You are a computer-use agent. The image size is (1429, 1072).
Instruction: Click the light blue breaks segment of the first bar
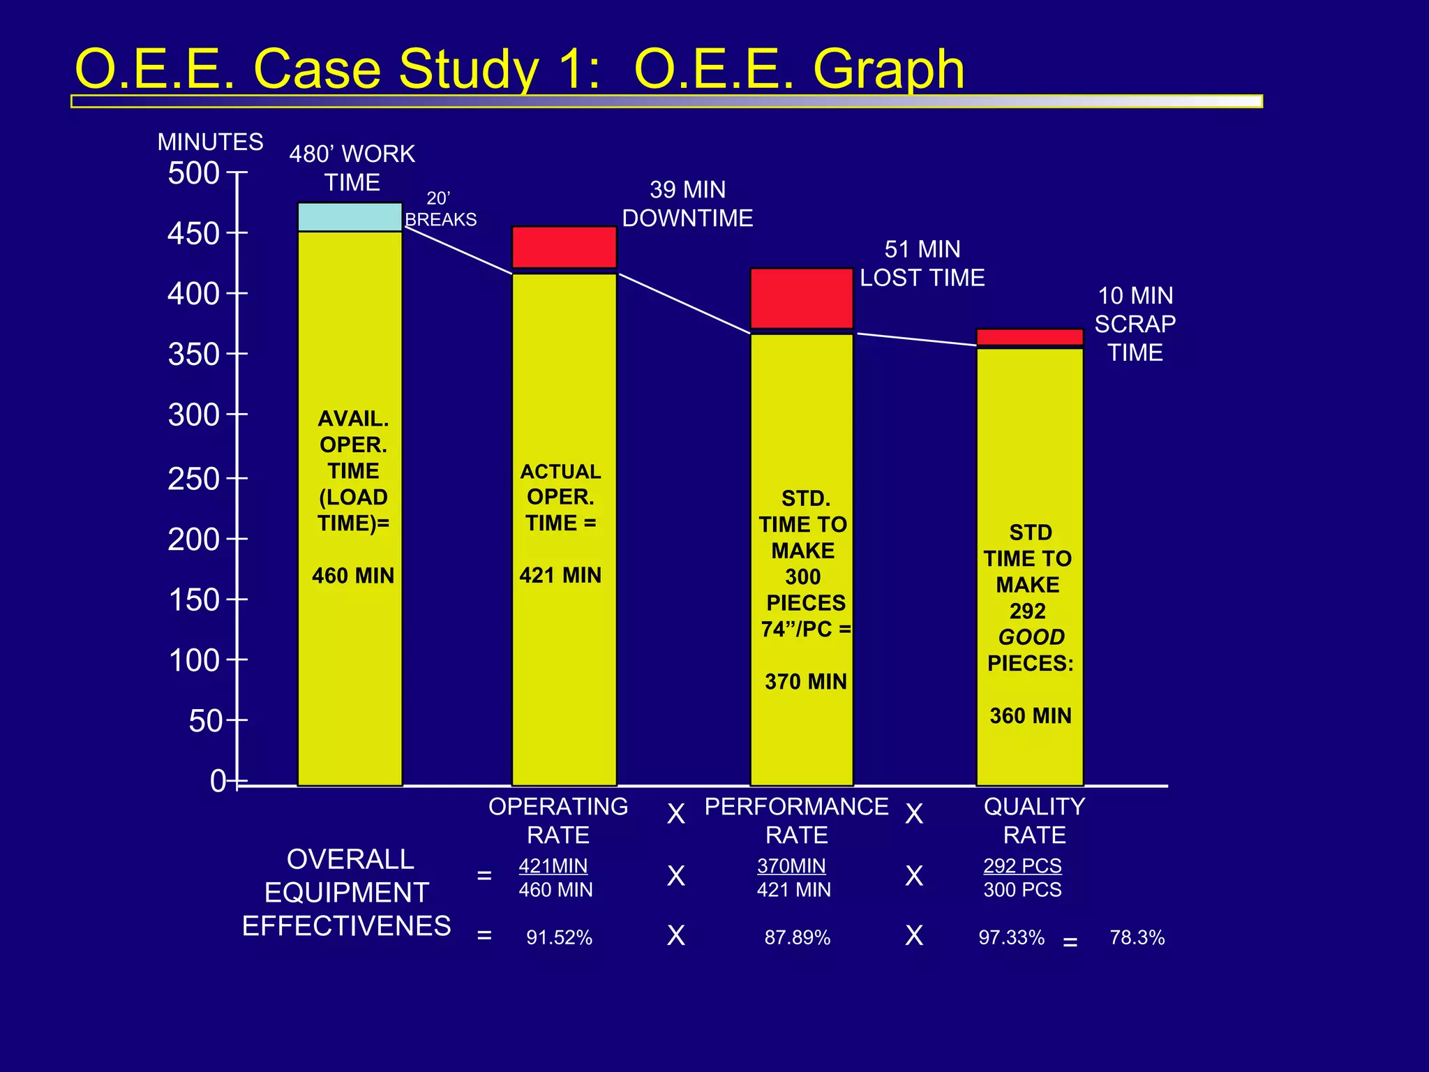pos(350,217)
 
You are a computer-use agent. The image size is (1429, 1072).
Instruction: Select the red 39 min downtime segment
pos(564,247)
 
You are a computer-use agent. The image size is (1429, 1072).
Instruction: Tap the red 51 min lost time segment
pos(802,298)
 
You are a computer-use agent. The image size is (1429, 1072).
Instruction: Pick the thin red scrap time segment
pos(1030,337)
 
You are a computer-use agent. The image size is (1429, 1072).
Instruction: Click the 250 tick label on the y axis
pos(193,479)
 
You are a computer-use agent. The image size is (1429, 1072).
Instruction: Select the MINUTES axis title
pos(210,142)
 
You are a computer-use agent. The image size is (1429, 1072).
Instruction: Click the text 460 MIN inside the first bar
pos(353,576)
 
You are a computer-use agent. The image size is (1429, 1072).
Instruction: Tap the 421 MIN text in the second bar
pos(560,576)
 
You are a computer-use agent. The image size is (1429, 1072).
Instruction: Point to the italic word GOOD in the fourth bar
pos(1031,637)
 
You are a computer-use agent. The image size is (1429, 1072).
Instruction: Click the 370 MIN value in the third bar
pos(805,682)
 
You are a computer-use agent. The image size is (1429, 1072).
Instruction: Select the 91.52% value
pos(559,937)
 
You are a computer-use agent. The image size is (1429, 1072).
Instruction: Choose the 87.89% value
pos(797,937)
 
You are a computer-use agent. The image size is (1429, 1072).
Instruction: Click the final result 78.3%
pos(1137,937)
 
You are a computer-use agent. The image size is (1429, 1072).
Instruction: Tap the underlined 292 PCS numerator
pos(1022,866)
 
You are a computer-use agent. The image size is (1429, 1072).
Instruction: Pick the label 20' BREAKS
pos(440,209)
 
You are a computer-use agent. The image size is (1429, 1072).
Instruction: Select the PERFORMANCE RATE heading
pos(796,821)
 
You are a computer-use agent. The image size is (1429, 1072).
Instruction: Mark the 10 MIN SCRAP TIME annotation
pos(1135,324)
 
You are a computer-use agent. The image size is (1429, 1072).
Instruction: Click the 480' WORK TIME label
pos(352,168)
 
